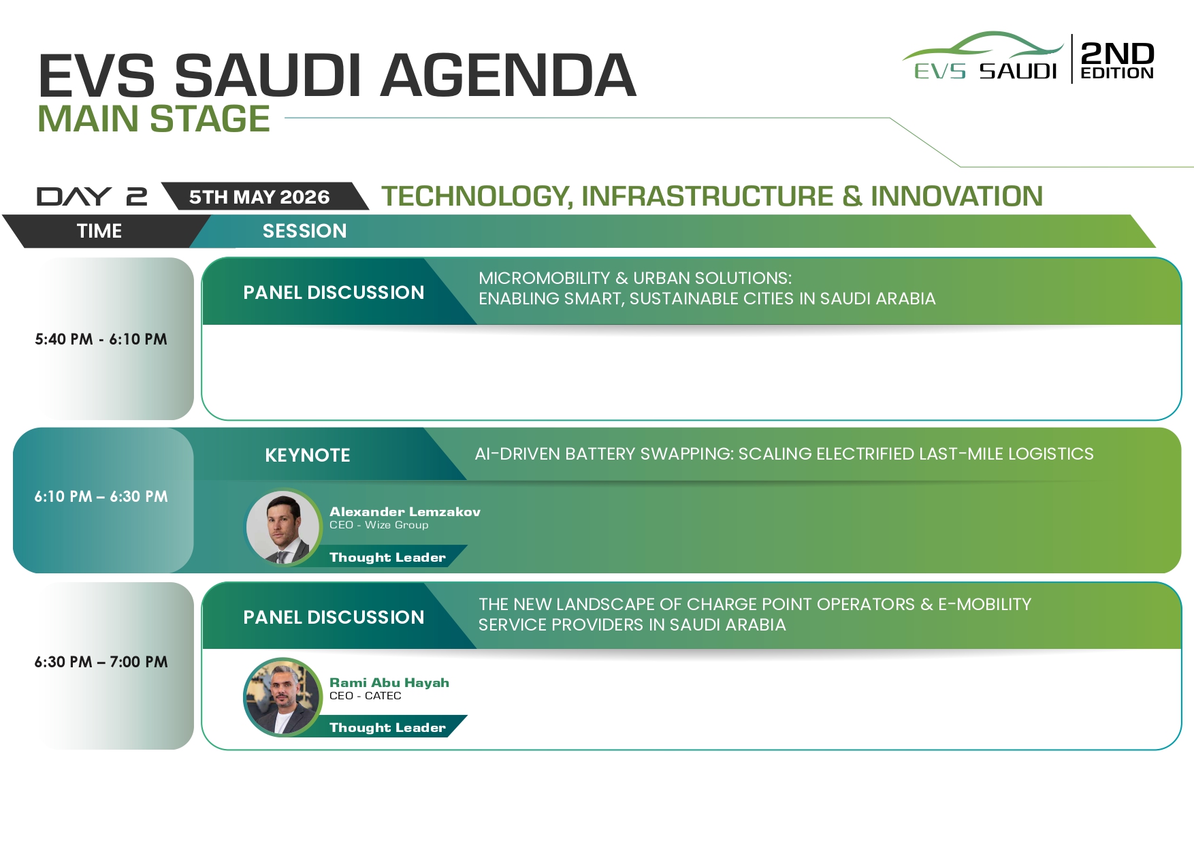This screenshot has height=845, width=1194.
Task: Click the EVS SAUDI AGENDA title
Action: click(337, 76)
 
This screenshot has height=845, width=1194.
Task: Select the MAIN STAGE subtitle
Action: click(154, 119)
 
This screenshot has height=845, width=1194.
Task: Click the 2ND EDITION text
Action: click(1117, 60)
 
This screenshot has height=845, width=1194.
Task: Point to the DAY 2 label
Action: click(92, 197)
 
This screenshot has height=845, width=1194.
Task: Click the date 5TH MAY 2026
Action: click(259, 197)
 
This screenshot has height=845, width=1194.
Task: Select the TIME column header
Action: click(99, 231)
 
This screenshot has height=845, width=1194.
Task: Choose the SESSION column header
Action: click(305, 231)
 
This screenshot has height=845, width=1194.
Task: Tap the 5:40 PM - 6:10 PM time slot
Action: click(101, 339)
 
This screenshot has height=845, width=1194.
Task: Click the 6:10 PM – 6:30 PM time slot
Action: click(101, 496)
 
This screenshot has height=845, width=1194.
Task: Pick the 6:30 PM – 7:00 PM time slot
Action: click(101, 662)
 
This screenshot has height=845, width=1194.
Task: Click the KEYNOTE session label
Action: click(308, 456)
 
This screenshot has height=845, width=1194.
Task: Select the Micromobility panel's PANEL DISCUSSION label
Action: click(334, 293)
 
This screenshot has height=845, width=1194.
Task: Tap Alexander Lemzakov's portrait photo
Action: click(283, 528)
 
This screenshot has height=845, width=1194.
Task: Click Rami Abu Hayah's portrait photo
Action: click(283, 697)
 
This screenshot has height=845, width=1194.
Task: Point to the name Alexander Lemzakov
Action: click(405, 511)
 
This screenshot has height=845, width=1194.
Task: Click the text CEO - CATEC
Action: click(366, 696)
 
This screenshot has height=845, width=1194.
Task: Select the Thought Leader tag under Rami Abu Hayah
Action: click(388, 727)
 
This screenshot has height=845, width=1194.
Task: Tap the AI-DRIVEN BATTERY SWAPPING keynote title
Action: click(784, 454)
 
